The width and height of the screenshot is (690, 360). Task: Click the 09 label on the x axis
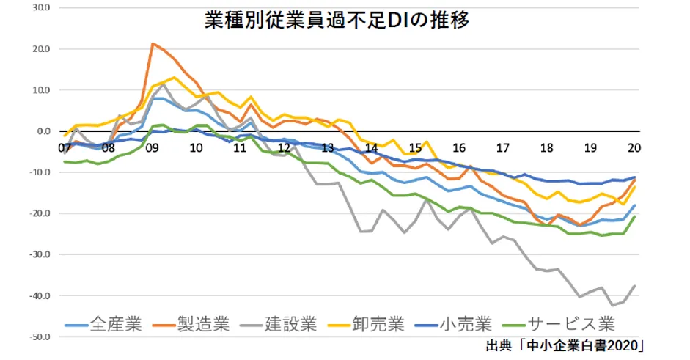tap(153, 147)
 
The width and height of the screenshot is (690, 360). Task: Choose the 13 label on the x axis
tap(328, 147)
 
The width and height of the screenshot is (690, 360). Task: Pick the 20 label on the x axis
tap(634, 147)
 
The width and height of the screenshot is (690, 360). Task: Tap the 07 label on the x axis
tap(65, 147)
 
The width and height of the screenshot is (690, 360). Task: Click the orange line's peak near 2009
tap(153, 44)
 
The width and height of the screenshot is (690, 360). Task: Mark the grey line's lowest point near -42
tap(612, 305)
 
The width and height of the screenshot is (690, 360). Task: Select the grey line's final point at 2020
tap(634, 286)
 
